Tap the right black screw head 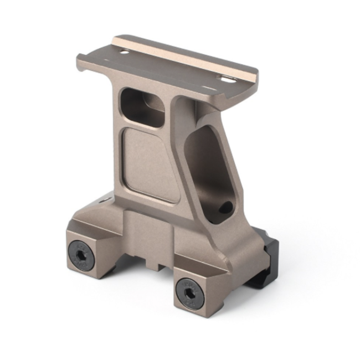[x=189, y=292]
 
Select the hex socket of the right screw [x=189, y=292]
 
